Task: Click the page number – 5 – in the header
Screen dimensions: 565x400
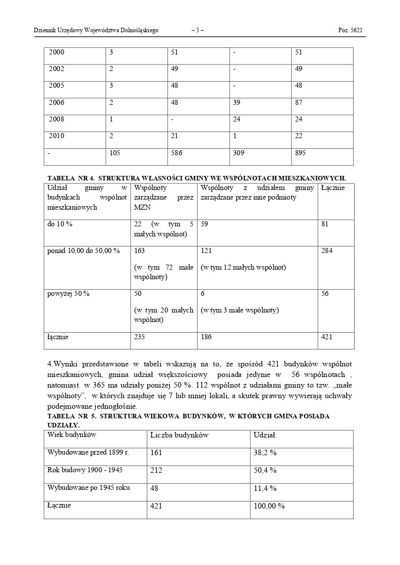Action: tap(198, 30)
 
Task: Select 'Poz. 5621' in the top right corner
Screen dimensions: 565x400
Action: tap(350, 30)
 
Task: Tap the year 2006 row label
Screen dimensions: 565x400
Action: tap(56, 103)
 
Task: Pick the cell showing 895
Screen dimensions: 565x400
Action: tap(301, 154)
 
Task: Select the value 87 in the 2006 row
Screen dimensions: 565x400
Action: tap(299, 103)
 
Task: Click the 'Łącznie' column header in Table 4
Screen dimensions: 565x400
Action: tap(333, 188)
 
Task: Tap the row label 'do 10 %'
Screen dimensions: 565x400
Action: tap(60, 224)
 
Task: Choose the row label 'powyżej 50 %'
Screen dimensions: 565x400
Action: tap(68, 294)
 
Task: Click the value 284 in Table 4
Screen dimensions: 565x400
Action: tap(327, 250)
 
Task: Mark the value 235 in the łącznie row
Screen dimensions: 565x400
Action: tap(139, 337)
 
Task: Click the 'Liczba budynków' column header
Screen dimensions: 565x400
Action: tap(179, 435)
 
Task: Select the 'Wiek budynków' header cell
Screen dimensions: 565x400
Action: tap(72, 434)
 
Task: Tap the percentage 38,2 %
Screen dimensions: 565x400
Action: tap(265, 453)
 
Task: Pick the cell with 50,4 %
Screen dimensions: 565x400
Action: tap(265, 470)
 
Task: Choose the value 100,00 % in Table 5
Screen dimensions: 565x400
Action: tap(269, 506)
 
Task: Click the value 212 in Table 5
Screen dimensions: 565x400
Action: tap(156, 470)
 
